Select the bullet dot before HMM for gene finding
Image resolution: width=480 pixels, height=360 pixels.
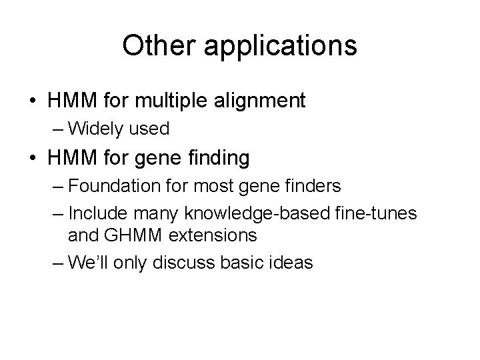tap(32, 159)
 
